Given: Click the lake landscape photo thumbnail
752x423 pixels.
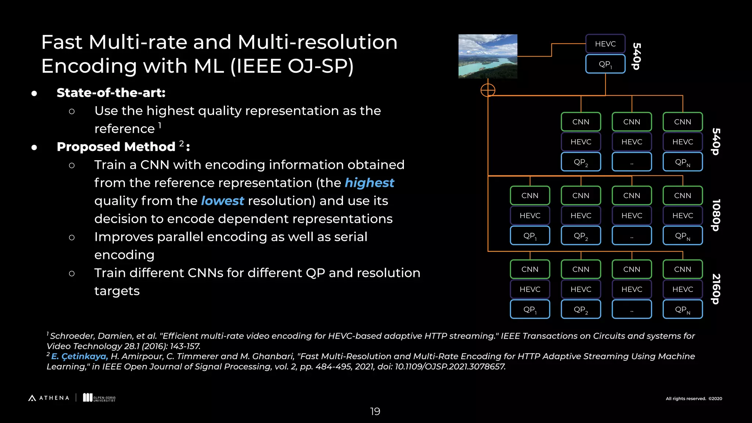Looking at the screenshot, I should (x=488, y=56).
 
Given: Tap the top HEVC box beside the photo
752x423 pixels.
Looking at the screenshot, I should (x=605, y=44).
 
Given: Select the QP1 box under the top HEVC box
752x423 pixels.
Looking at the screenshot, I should (x=605, y=64).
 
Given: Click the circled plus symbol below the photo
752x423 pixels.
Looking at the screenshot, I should (x=488, y=90).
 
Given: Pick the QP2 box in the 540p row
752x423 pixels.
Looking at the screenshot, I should (x=581, y=162).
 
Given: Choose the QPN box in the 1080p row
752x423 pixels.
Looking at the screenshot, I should (x=683, y=236).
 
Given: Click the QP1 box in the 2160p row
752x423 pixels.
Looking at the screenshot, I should (x=530, y=309).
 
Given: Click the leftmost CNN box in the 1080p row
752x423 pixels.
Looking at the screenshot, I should (x=530, y=195).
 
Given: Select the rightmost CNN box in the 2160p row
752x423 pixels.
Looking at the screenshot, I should (x=683, y=269).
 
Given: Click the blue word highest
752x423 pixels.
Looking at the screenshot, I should (x=369, y=183).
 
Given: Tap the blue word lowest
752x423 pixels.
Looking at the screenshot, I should (x=222, y=201).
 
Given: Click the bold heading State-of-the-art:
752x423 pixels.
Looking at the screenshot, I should (x=111, y=93).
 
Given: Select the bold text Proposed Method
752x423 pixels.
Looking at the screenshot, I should (x=116, y=147).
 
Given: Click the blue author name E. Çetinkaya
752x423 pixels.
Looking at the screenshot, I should (x=79, y=356).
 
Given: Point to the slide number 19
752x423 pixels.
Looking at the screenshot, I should (x=375, y=411).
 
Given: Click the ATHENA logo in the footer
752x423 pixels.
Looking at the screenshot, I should (x=49, y=398).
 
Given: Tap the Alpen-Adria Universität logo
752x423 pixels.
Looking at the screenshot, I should (x=99, y=398).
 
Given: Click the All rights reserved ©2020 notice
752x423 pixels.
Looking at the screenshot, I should (x=694, y=399).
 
